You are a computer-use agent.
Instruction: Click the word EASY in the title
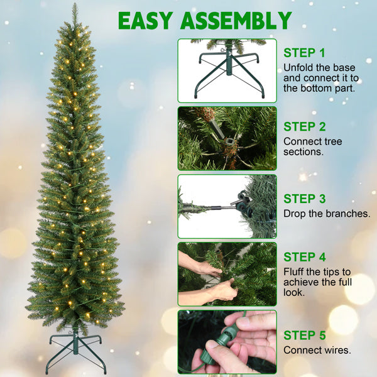coord(145,21)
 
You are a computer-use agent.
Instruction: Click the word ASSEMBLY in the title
coord(238,21)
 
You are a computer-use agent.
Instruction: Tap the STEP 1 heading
coord(305,53)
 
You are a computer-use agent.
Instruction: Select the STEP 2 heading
coord(305,127)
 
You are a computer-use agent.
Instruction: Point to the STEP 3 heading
coord(305,199)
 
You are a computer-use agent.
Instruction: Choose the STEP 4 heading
coord(305,257)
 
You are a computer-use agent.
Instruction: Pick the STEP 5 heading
coord(305,335)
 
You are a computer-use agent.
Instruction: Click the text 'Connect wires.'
coord(317,350)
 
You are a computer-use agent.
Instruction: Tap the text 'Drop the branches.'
coord(326,214)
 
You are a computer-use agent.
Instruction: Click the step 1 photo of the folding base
coord(227,70)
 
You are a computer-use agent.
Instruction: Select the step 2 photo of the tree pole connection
coord(227,138)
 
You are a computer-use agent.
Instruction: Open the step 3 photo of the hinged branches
coord(227,206)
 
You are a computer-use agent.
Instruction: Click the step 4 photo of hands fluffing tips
coord(227,274)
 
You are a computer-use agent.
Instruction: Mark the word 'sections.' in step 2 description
coord(304,152)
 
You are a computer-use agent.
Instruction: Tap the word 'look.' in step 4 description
coord(294,293)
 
